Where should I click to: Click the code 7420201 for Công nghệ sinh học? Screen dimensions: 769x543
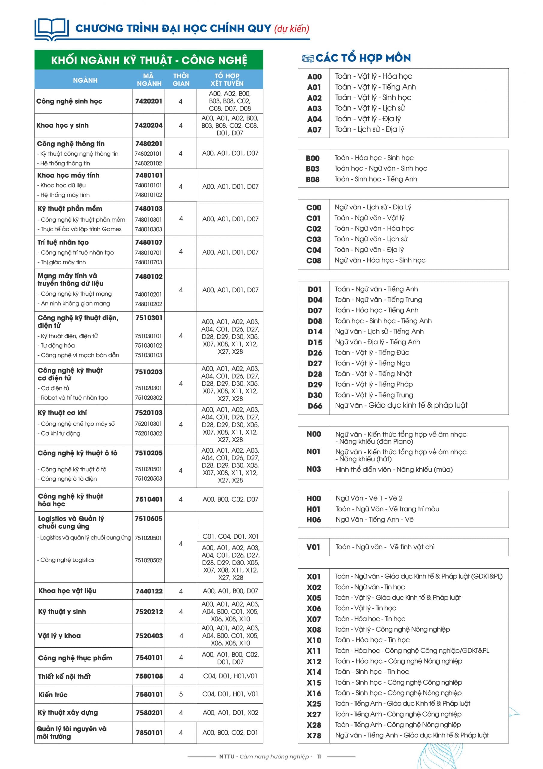click(148, 101)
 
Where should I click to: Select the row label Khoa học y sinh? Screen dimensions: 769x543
click(63, 125)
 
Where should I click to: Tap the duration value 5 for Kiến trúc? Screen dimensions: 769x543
click(181, 694)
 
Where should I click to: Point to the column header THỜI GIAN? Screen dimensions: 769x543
click(181, 80)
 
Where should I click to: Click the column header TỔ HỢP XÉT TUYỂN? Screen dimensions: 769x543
click(227, 80)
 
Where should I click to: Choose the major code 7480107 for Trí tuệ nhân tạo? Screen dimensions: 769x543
click(148, 242)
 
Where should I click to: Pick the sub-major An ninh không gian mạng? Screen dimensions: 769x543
click(75, 303)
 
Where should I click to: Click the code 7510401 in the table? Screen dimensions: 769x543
click(149, 499)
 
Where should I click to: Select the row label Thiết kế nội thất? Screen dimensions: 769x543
click(64, 676)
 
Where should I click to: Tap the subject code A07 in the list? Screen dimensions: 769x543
click(314, 129)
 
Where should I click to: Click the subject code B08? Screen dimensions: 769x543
click(313, 180)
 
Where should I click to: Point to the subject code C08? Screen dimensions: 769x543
click(313, 260)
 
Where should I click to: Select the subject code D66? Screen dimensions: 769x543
click(315, 406)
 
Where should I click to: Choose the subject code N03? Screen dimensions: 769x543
click(313, 469)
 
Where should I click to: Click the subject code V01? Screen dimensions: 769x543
click(313, 547)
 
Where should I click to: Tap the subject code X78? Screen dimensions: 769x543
click(314, 736)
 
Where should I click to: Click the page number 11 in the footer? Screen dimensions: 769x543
click(319, 757)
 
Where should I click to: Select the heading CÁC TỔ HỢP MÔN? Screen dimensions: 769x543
click(363, 58)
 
